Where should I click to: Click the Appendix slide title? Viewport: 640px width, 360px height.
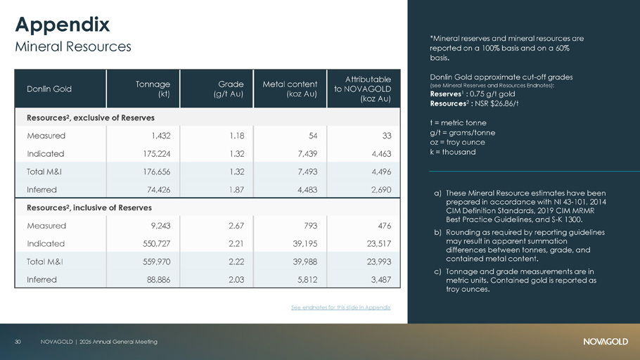tap(63, 25)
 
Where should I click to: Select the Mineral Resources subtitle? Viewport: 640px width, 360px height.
tap(73, 46)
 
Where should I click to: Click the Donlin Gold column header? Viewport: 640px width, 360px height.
tap(49, 89)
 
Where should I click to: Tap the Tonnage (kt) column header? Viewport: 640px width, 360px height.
tap(153, 89)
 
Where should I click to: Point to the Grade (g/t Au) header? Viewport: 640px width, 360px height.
tap(228, 89)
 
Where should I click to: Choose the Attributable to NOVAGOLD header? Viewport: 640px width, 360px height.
tap(362, 89)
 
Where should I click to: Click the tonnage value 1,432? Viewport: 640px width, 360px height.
tap(160, 136)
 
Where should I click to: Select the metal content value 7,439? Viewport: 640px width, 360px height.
tap(307, 153)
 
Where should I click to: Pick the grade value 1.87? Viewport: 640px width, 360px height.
tap(237, 189)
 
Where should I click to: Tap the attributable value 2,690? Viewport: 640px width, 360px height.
tap(381, 189)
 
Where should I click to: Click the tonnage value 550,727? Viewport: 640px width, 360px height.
tap(157, 244)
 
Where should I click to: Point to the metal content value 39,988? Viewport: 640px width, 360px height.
tap(305, 262)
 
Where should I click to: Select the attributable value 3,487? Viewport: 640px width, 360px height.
tap(381, 280)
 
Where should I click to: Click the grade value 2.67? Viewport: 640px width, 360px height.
tap(236, 226)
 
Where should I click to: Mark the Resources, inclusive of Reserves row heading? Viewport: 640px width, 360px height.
tap(89, 207)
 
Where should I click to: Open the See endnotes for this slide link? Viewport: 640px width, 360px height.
tap(341, 307)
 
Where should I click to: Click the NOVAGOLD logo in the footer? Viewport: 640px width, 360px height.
tap(606, 342)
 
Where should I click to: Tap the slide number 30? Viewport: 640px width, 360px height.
tap(18, 342)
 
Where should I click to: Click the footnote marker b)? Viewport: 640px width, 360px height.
tap(437, 232)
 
